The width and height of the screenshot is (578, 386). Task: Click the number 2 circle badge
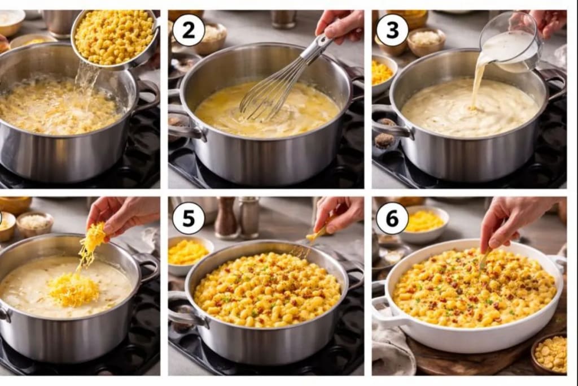(x=189, y=30)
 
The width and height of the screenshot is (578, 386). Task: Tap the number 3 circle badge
(x=392, y=30)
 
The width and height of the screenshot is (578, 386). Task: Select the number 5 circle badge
(x=189, y=218)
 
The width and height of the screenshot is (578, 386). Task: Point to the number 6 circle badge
(x=392, y=218)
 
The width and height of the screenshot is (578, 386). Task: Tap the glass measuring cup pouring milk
(x=510, y=42)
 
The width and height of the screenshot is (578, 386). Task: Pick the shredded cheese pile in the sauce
(x=73, y=288)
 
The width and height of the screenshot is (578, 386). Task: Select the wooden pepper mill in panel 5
(x=226, y=217)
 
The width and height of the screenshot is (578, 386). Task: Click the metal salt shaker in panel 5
(x=249, y=217)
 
